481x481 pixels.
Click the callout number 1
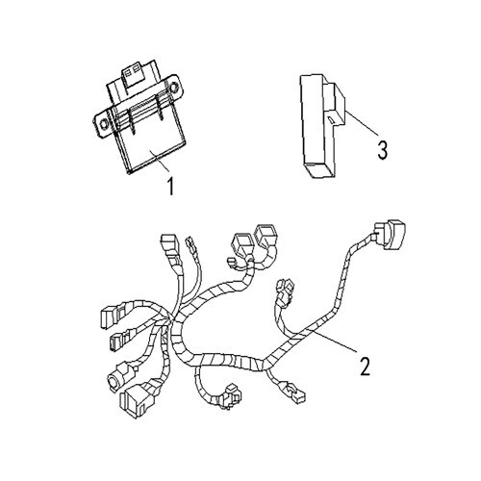point(171,187)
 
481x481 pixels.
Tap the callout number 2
point(365,366)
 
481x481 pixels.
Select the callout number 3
point(382,150)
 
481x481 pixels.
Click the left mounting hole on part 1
point(104,124)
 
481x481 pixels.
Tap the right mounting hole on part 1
point(174,88)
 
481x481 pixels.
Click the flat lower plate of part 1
point(151,148)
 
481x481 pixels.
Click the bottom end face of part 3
point(319,169)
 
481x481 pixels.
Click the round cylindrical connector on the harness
point(121,376)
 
